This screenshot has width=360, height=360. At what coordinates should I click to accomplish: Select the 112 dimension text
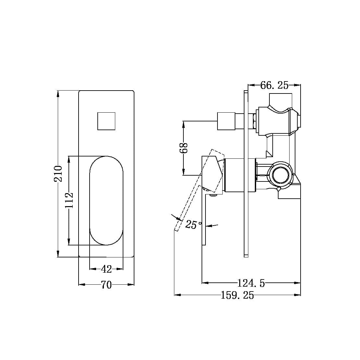tap(69, 200)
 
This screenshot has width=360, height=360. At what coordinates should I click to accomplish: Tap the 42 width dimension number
tap(106, 269)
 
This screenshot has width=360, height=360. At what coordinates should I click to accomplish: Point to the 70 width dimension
tap(106, 285)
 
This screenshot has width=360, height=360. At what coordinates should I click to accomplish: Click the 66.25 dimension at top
tap(274, 85)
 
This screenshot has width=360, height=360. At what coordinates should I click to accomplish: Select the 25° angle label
tap(193, 224)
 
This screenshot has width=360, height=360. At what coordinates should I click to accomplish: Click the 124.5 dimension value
tap(251, 283)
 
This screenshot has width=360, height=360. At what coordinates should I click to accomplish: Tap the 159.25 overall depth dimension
tap(237, 295)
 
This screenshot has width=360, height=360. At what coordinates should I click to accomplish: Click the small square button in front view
tap(106, 121)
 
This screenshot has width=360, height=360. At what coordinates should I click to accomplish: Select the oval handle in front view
tap(106, 201)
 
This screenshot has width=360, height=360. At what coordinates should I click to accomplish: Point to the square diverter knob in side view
tap(226, 121)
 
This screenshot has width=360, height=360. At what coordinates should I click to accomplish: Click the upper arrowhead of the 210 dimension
tap(58, 93)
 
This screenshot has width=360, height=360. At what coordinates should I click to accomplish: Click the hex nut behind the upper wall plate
tap(253, 121)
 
